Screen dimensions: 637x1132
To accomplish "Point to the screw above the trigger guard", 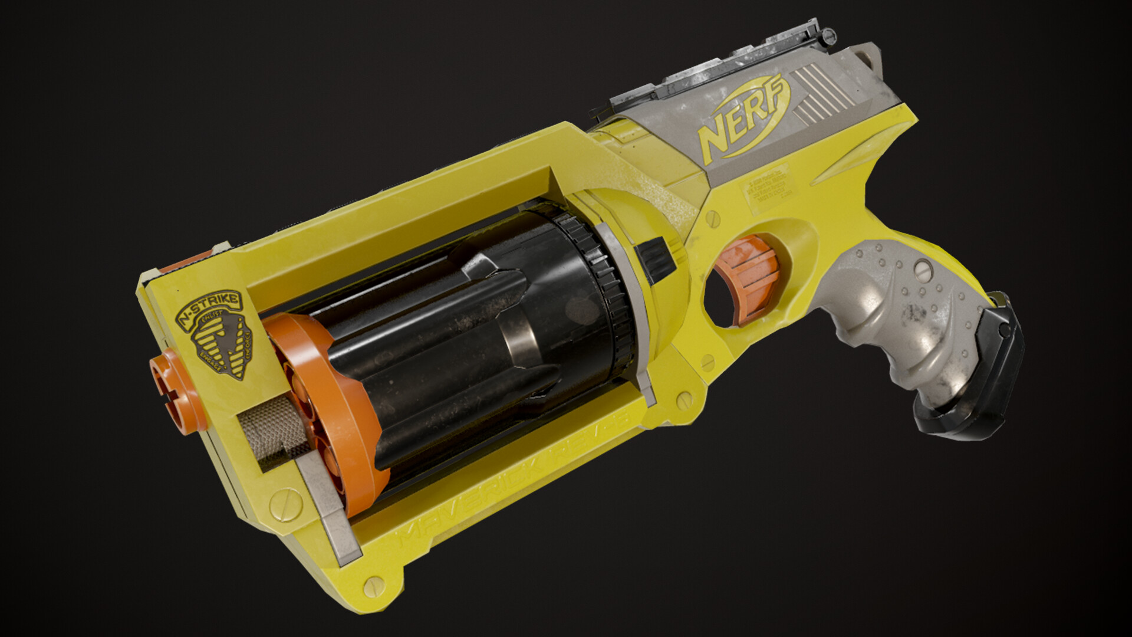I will coord(713,219).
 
